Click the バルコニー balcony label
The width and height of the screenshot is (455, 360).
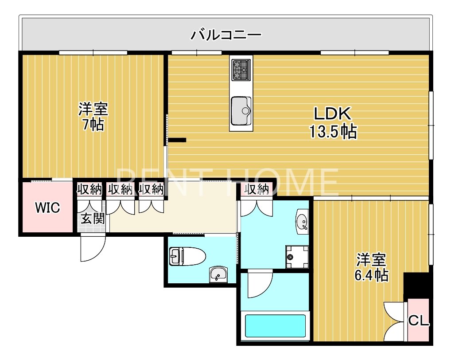point(226,35)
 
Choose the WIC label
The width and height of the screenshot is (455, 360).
point(47,207)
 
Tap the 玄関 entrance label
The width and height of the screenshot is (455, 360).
point(92,219)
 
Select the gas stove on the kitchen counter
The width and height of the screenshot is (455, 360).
point(241,69)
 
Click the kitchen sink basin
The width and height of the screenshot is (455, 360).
point(241,111)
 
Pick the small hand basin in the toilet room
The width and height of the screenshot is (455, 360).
point(217,274)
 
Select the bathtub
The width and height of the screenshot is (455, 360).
point(275,327)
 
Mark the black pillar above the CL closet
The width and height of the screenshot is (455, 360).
point(416,285)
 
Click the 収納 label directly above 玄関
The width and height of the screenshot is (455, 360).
point(89,190)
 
